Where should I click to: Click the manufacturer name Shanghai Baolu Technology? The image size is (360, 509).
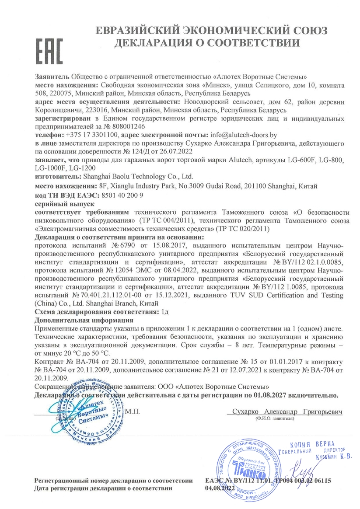point(138,177)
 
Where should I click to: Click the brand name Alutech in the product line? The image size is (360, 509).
point(242,160)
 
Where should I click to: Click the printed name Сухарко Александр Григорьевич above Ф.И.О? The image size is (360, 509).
point(287,411)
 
